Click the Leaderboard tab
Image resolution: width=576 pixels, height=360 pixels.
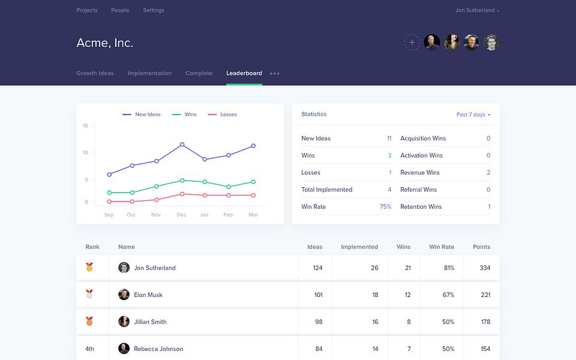click(x=244, y=73)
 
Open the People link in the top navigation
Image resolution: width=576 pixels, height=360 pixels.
click(x=120, y=10)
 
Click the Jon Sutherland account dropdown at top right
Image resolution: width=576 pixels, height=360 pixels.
click(x=477, y=10)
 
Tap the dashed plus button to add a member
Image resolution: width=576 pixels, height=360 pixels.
click(x=412, y=42)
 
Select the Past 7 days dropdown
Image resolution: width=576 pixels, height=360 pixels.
click(x=473, y=115)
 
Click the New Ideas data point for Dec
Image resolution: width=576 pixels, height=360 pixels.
click(x=182, y=145)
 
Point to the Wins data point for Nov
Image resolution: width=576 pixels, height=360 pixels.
click(x=157, y=186)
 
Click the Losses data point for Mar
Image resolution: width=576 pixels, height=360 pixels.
click(x=253, y=196)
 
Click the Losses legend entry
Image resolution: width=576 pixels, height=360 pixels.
click(x=222, y=115)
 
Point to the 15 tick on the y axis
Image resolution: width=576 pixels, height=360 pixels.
click(x=85, y=125)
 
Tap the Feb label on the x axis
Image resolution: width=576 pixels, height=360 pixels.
click(x=228, y=215)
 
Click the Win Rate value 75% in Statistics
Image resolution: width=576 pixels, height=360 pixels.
click(x=385, y=207)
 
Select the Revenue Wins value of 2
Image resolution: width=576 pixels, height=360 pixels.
click(x=488, y=173)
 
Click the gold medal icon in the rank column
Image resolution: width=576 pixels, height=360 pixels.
click(x=89, y=267)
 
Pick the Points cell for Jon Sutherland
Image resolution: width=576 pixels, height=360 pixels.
click(x=485, y=268)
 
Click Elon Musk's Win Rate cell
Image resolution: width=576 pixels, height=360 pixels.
click(x=449, y=295)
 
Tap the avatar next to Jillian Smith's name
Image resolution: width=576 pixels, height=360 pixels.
click(x=124, y=322)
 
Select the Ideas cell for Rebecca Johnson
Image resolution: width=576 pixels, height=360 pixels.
click(x=319, y=349)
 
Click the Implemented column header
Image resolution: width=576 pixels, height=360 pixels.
click(x=359, y=247)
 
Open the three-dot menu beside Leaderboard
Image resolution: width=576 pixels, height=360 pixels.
click(x=275, y=73)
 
